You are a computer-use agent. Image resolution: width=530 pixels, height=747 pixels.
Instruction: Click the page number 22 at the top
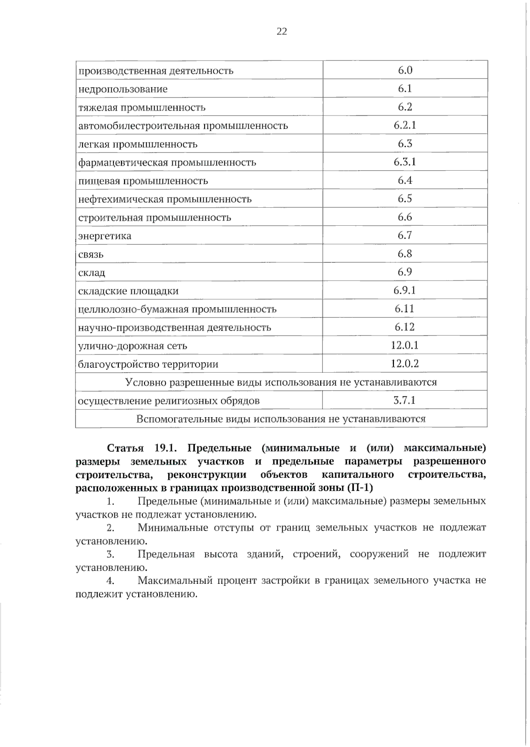pos(281,31)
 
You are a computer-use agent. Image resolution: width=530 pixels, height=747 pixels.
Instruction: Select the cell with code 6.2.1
pos(405,125)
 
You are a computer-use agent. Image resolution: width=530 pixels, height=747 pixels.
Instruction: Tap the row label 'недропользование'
pos(123,90)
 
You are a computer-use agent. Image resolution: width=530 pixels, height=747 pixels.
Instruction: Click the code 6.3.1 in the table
pos(405,162)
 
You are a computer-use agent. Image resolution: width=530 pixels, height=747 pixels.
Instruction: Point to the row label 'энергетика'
pos(105,236)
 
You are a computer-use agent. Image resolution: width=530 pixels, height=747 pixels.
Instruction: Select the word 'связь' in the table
pos(91,254)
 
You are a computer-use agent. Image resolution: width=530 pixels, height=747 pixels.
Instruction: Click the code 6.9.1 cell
pos(405,291)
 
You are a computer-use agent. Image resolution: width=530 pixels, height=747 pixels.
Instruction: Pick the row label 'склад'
pos(92,273)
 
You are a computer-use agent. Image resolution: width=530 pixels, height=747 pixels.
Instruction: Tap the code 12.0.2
pos(405,364)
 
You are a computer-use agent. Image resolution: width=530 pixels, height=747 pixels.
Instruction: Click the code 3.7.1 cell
pos(405,401)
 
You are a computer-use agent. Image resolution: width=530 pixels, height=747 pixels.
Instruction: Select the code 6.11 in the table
pos(405,309)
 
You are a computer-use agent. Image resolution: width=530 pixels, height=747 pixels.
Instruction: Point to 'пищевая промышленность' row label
pos(143,181)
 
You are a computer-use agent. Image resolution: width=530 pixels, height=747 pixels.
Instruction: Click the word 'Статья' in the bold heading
pos(125,448)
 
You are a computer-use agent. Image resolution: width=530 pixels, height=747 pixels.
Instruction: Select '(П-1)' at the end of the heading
pos(360,488)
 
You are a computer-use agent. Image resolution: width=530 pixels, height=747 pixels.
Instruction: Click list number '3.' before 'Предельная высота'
pos(110,554)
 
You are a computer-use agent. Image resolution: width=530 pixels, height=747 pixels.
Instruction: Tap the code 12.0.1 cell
pos(405,345)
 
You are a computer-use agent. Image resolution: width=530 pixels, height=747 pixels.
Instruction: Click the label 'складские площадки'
pos(129,291)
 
